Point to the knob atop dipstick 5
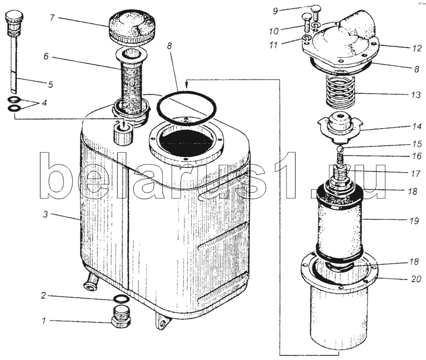(x=12, y=17)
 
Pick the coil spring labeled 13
(x=340, y=91)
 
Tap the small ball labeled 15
(x=340, y=149)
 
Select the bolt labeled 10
(x=307, y=23)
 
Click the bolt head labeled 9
(x=316, y=9)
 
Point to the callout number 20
(x=416, y=279)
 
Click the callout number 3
(x=45, y=214)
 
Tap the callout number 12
(x=416, y=48)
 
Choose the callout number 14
(x=416, y=127)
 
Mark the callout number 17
(x=416, y=173)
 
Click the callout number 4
(x=44, y=103)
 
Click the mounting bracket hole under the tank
(x=163, y=323)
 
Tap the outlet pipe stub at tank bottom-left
(x=91, y=282)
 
